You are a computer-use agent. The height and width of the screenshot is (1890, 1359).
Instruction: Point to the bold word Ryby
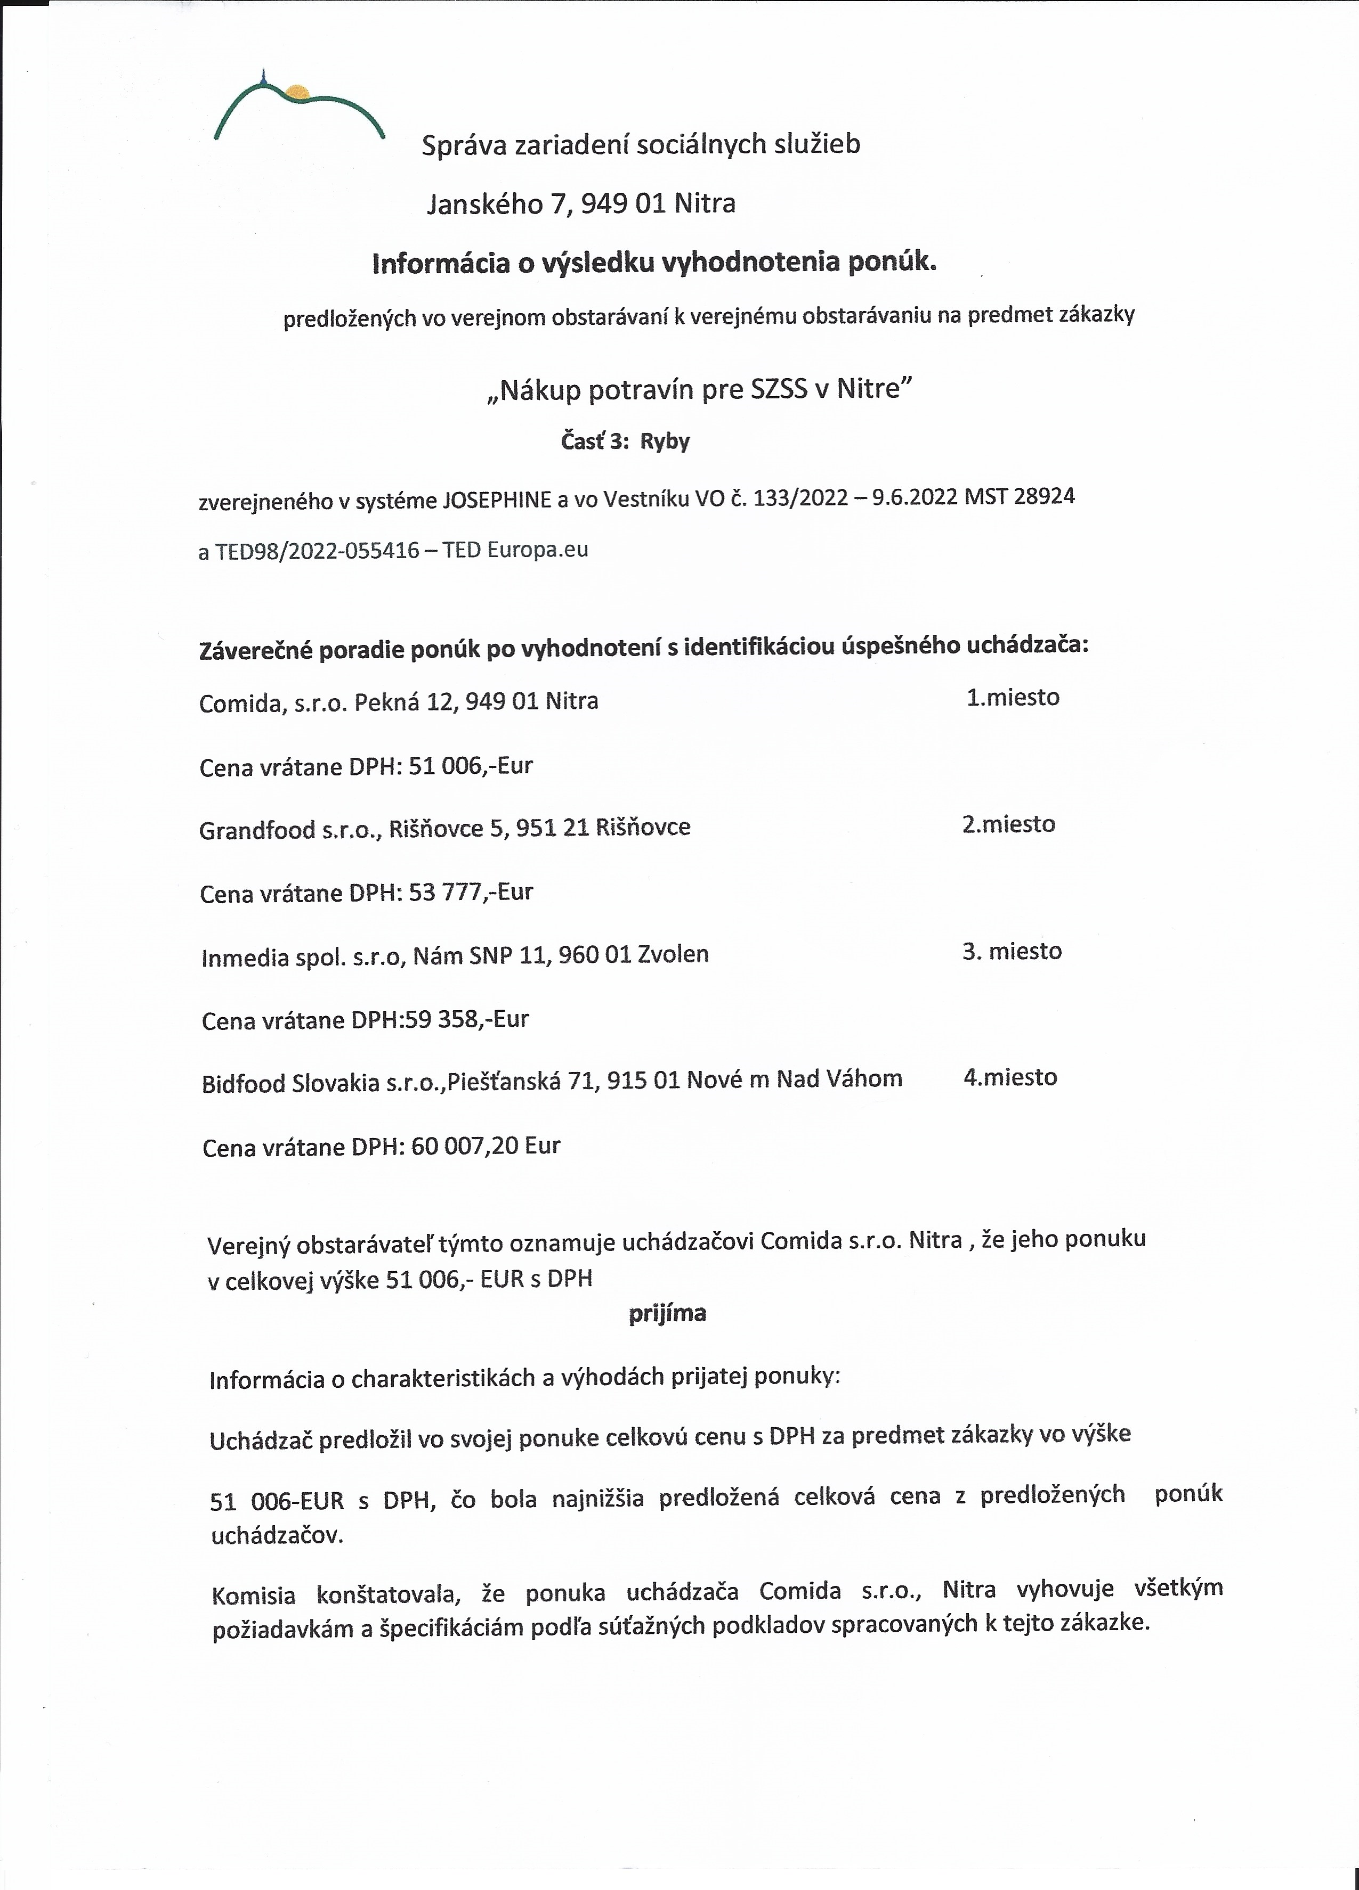(x=665, y=441)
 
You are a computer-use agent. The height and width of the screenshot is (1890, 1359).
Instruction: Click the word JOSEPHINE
(x=496, y=500)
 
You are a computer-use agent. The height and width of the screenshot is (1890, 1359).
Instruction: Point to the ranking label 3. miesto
(x=1012, y=951)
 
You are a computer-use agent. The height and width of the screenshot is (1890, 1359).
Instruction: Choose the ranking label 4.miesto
(x=1010, y=1077)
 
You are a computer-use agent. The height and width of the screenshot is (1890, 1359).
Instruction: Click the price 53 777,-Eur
(x=470, y=893)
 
